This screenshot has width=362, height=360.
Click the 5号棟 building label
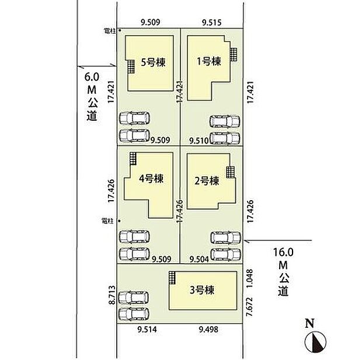click(x=151, y=61)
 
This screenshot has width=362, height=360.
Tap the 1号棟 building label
click(x=209, y=61)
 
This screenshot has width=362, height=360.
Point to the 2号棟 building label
click(x=206, y=180)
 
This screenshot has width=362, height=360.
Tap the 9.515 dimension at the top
click(x=211, y=23)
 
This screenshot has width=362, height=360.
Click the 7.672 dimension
click(x=249, y=309)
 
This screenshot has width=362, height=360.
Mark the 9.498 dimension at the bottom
click(x=208, y=330)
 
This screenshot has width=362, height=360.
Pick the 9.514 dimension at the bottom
click(x=147, y=330)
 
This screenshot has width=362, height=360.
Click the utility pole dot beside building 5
click(x=119, y=30)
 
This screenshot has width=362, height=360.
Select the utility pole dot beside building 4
click(x=119, y=221)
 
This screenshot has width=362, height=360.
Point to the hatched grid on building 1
click(x=234, y=54)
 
